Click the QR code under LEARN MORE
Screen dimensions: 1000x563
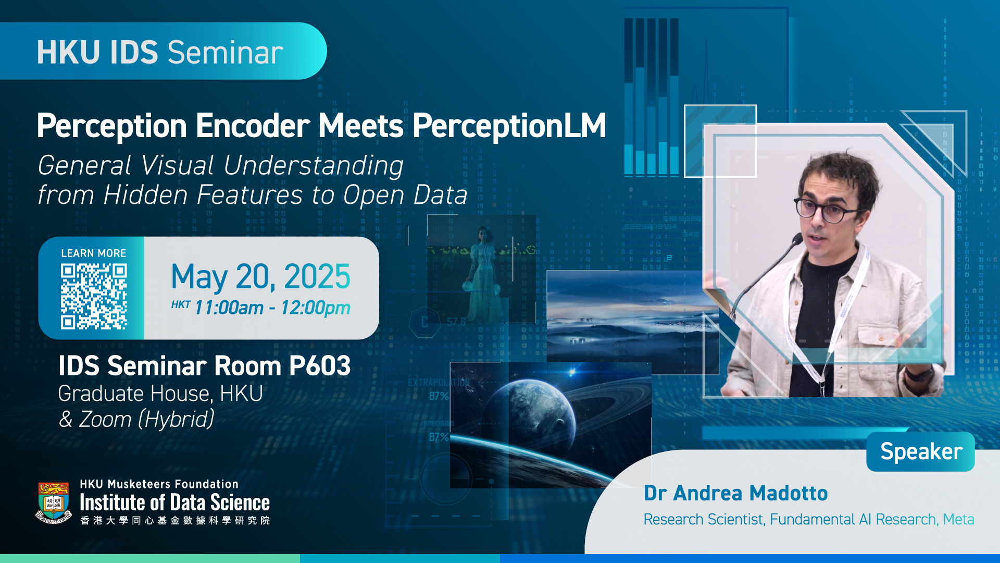click(94, 296)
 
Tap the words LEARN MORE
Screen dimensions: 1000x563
click(94, 253)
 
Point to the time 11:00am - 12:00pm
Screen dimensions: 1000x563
click(272, 308)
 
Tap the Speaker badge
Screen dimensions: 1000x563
click(921, 451)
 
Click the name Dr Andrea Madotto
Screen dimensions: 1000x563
click(735, 493)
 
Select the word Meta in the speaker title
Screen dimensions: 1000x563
click(958, 519)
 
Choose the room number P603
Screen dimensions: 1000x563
click(320, 366)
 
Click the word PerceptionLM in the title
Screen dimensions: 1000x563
click(509, 126)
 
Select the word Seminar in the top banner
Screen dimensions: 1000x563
click(226, 52)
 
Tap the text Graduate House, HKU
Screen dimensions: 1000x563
click(160, 394)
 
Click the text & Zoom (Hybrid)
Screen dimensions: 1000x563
click(136, 419)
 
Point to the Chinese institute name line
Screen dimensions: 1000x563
click(175, 520)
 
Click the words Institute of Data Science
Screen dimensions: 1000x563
click(175, 503)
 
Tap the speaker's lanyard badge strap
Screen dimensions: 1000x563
click(844, 318)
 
